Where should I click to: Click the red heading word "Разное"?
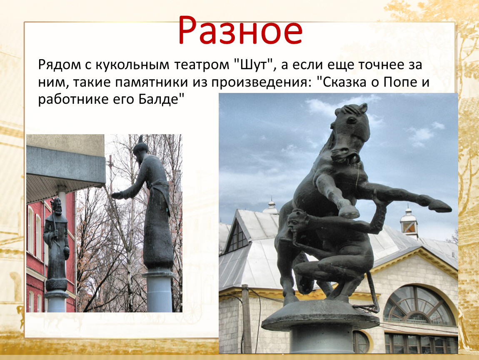pyautogui.click(x=240, y=30)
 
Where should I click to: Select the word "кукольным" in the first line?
pyautogui.click(x=132, y=65)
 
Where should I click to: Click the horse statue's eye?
pyautogui.click(x=351, y=120)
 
